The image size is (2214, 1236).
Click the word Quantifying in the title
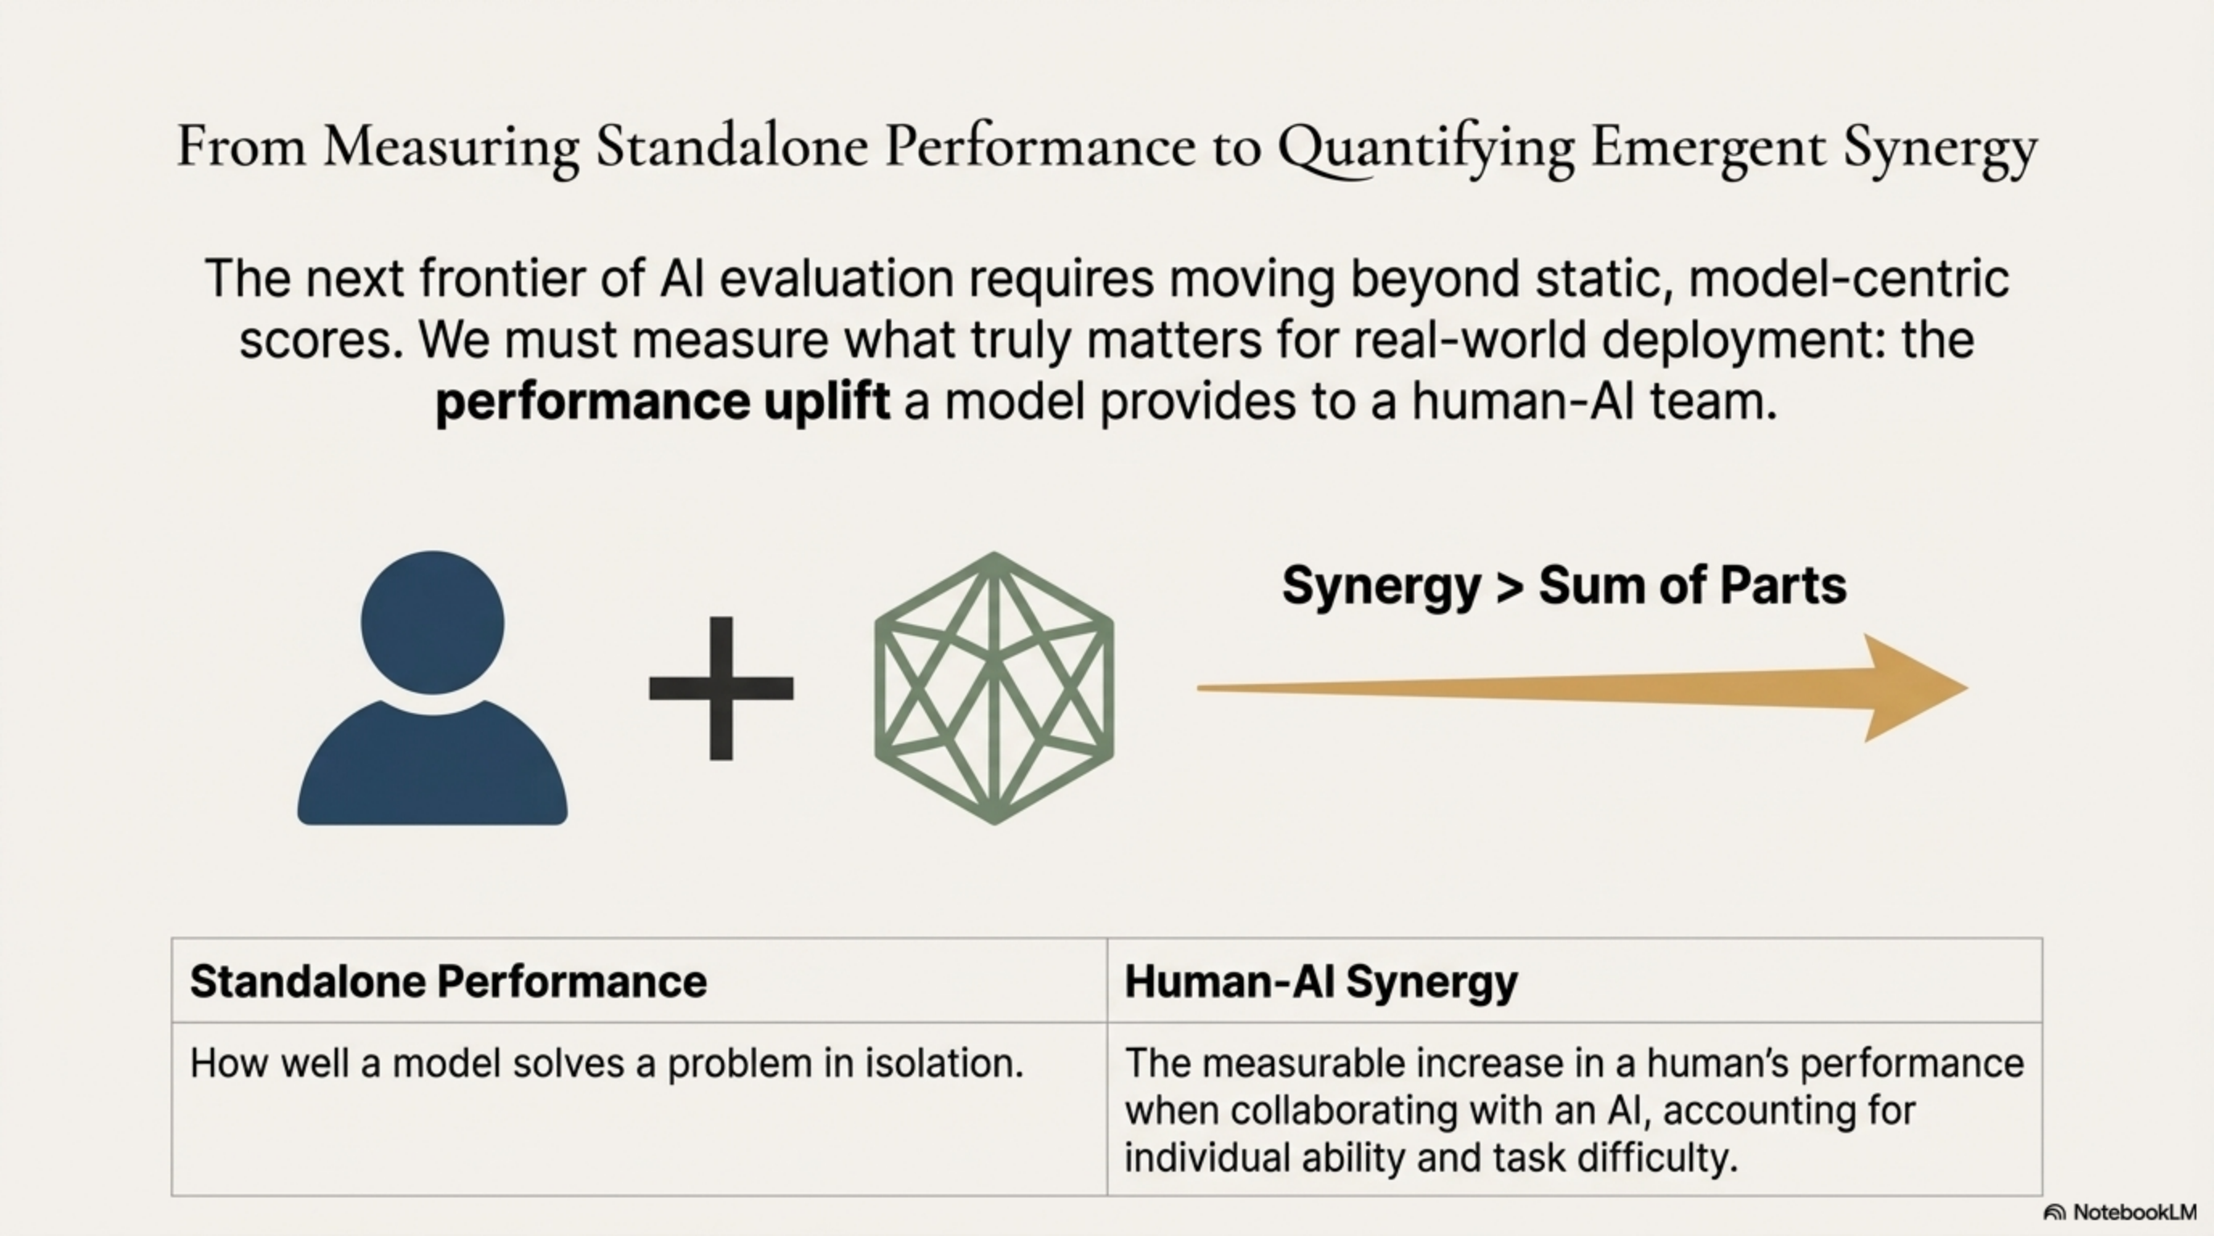tap(1425, 148)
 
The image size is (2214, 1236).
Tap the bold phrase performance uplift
tap(662, 402)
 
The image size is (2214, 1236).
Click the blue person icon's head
tap(432, 621)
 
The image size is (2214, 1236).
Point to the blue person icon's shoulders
tap(432, 765)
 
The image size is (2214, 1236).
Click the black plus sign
tap(721, 689)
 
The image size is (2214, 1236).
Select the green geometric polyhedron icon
tap(994, 688)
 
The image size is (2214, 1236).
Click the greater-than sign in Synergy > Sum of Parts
tap(1509, 586)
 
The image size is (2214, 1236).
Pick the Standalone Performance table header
tap(448, 982)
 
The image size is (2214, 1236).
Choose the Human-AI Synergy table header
tap(1321, 982)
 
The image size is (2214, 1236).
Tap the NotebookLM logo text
tap(2134, 1213)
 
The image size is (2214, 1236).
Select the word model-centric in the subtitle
tap(1849, 278)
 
